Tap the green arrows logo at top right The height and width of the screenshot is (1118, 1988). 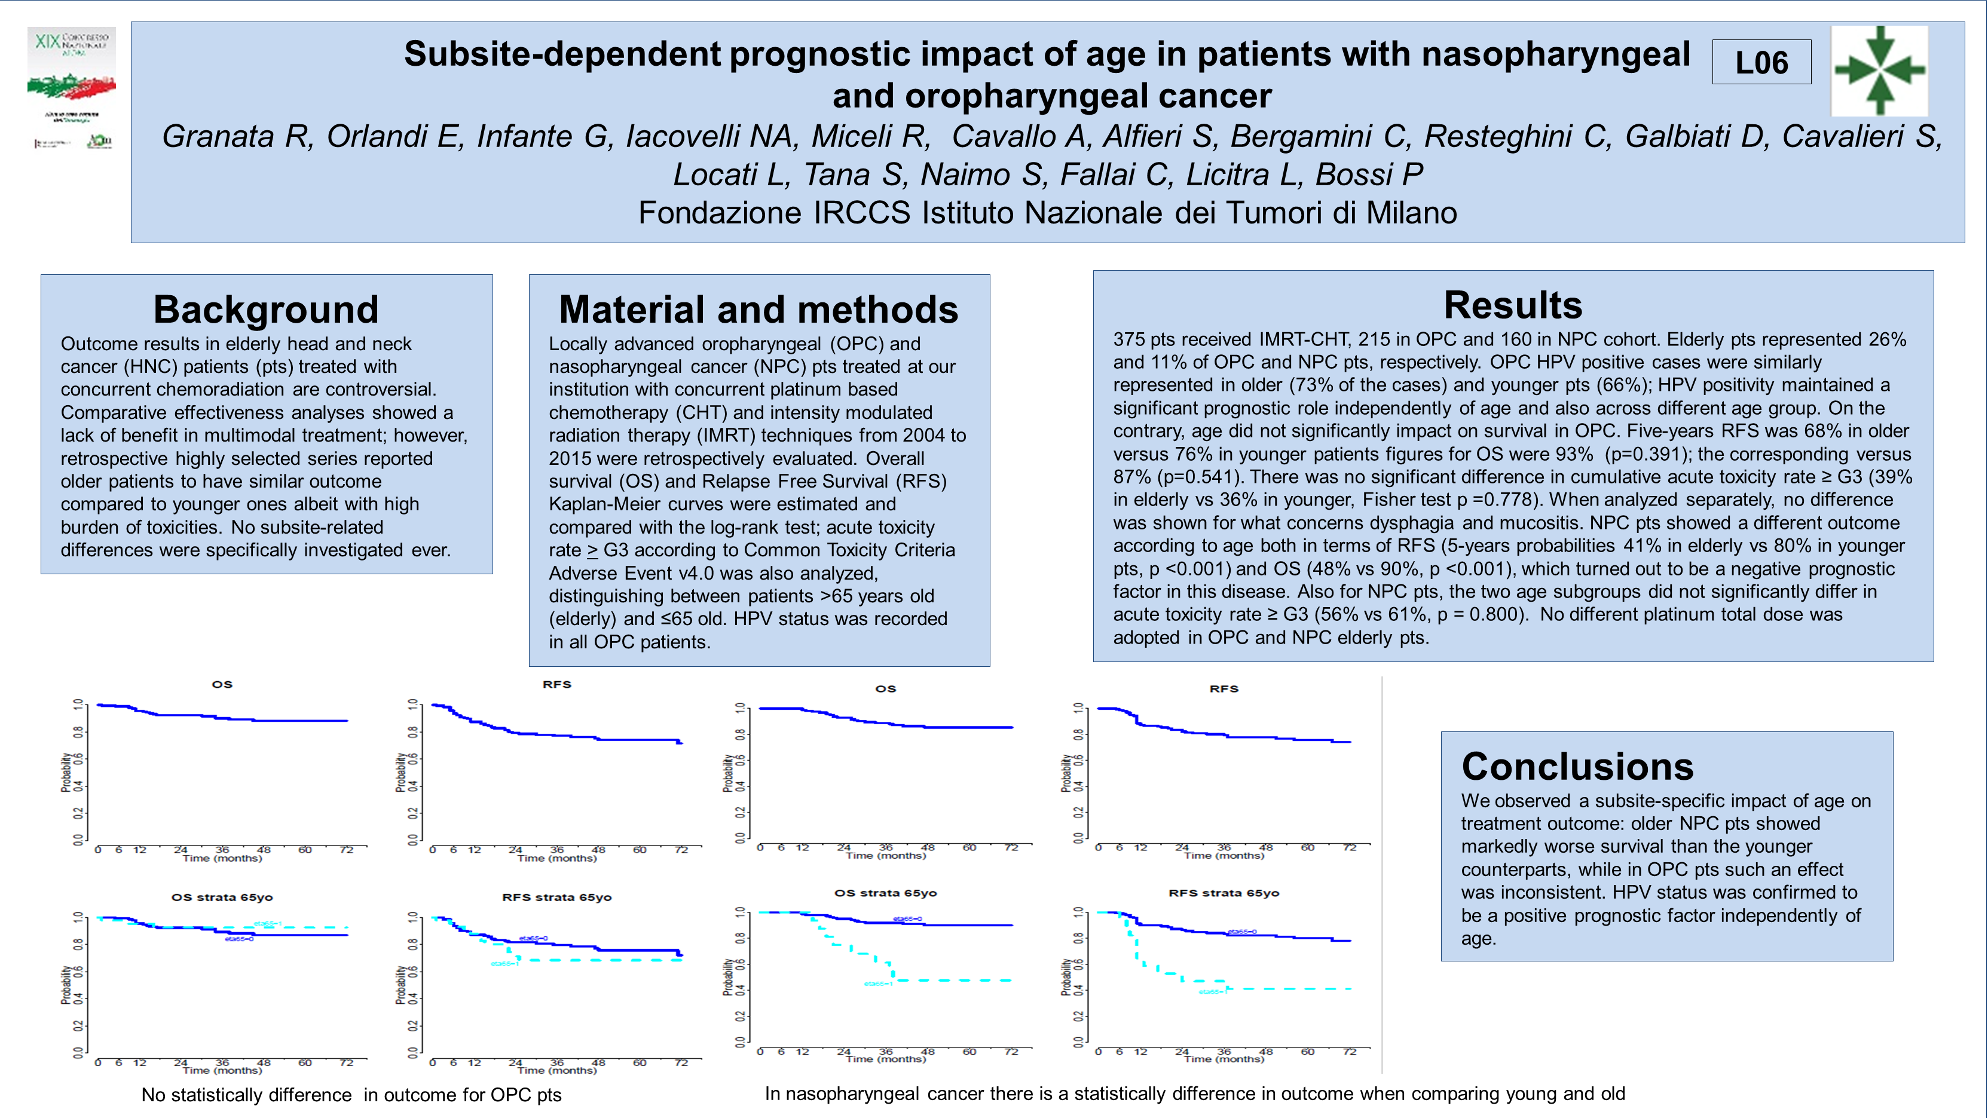pos(1879,71)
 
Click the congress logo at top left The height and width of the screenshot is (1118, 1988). pos(72,87)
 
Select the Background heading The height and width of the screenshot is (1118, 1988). pos(266,310)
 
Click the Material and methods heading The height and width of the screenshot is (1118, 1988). pos(758,310)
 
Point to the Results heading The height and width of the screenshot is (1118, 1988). pos(1513,305)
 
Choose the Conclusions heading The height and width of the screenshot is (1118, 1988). pos(1577,766)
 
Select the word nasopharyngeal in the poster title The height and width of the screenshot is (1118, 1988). pos(1555,54)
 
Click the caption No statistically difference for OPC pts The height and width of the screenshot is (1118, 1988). pos(351,1095)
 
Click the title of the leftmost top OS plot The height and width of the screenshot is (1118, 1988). pos(222,684)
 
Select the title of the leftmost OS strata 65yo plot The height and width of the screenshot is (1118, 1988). pos(222,898)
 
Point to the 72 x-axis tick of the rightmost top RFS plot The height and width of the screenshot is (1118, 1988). pos(1349,847)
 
